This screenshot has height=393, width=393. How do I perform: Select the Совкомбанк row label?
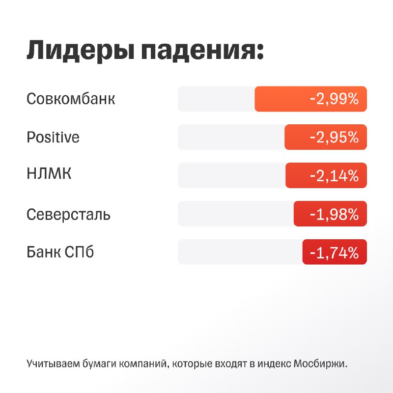pyautogui.click(x=71, y=99)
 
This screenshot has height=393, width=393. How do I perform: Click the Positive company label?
pyautogui.click(x=53, y=137)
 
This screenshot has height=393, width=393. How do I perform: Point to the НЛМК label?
pyautogui.click(x=49, y=173)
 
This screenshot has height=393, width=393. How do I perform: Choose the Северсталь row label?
pyautogui.click(x=68, y=215)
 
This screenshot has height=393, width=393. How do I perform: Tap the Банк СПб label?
pyautogui.click(x=60, y=252)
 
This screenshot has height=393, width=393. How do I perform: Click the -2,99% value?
pyautogui.click(x=335, y=99)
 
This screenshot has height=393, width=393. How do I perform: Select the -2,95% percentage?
pyautogui.click(x=335, y=137)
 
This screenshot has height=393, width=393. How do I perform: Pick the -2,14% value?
pyautogui.click(x=335, y=175)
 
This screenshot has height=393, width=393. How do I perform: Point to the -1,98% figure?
pyautogui.click(x=335, y=214)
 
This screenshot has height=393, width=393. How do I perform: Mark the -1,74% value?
pyautogui.click(x=335, y=253)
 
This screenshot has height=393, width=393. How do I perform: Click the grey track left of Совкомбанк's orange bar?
pyautogui.click(x=216, y=99)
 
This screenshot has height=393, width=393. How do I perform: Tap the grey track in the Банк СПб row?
pyautogui.click(x=240, y=252)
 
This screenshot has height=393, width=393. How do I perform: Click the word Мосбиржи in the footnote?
pyautogui.click(x=320, y=363)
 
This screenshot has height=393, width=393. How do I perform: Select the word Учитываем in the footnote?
pyautogui.click(x=53, y=364)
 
